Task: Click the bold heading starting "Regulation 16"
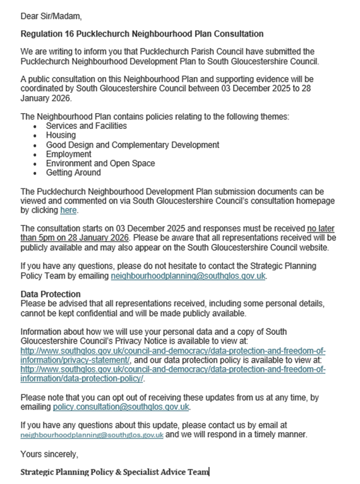(x=142, y=33)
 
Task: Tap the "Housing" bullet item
(x=61, y=135)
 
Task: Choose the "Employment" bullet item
(x=68, y=154)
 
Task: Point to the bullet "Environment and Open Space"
(x=100, y=164)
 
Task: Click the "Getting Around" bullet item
(x=73, y=172)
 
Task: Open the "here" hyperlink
(x=68, y=210)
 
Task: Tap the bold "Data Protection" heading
(x=51, y=294)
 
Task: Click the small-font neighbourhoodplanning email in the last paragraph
(x=92, y=435)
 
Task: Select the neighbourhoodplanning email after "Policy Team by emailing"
(x=188, y=276)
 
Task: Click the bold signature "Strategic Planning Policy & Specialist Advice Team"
(x=114, y=472)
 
